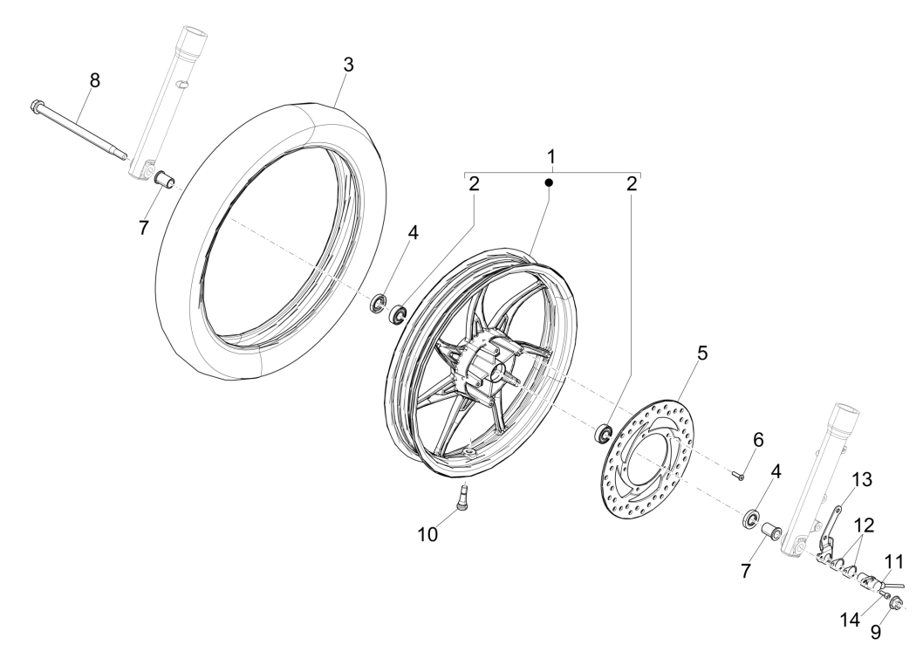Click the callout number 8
pyautogui.click(x=94, y=80)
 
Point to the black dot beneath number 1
pyautogui.click(x=550, y=182)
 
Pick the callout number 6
pyautogui.click(x=757, y=441)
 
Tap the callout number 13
pyautogui.click(x=862, y=481)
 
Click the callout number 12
pyautogui.click(x=865, y=525)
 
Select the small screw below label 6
pyautogui.click(x=738, y=474)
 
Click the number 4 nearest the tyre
pyautogui.click(x=414, y=233)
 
